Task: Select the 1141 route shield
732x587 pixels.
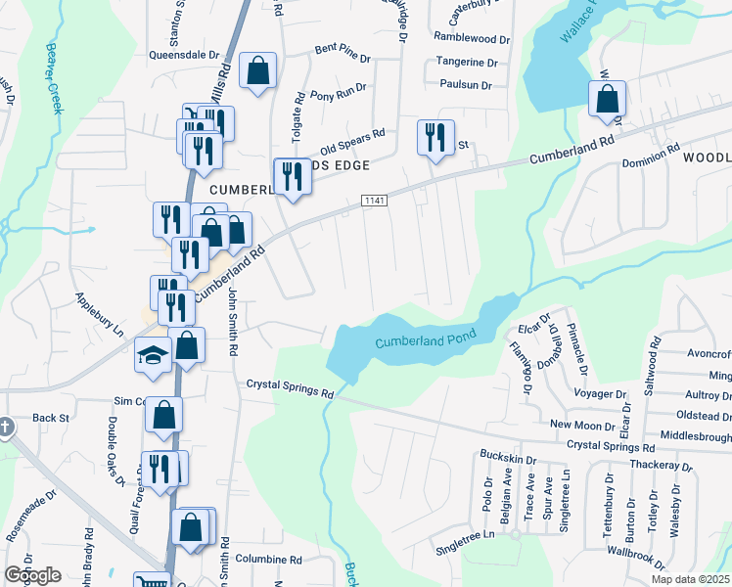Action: (373, 200)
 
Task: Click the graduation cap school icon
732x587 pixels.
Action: (153, 355)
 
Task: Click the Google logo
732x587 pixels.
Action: (32, 575)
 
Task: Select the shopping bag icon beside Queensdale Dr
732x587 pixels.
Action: (258, 71)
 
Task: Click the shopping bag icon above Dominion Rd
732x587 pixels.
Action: (608, 99)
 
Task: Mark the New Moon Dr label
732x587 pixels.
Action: (583, 424)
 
